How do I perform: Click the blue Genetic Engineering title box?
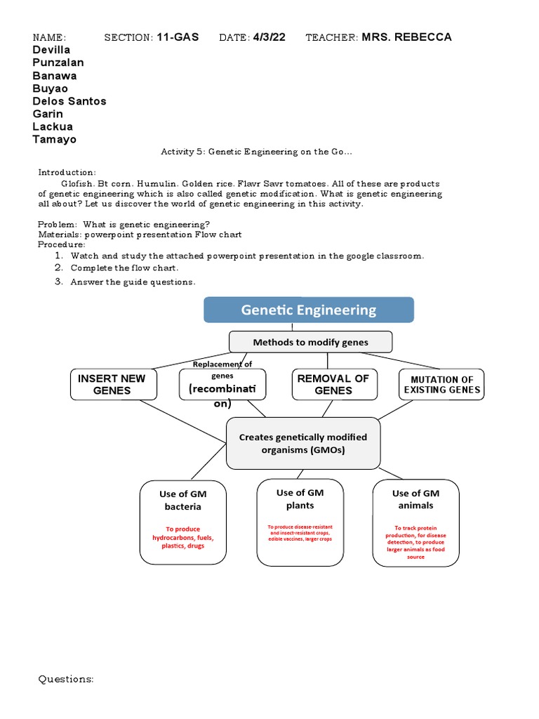pos(309,310)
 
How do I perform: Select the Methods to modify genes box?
pos(310,342)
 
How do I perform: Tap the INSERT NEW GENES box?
pos(112,384)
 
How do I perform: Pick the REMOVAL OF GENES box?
pos(333,384)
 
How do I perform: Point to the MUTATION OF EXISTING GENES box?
pos(441,385)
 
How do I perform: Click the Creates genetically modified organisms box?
pos(302,443)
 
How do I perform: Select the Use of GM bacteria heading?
pos(182,500)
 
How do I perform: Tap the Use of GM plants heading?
pos(300,499)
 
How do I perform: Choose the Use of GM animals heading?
pos(415,499)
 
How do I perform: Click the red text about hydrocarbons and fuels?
pos(182,537)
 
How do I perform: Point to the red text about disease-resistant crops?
pos(300,532)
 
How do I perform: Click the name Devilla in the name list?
pos(52,50)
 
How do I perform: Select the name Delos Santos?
pos(69,101)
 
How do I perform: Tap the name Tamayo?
pos(55,139)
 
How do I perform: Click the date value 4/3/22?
pos(269,37)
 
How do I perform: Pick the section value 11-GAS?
pos(178,37)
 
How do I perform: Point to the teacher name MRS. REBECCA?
pos(406,37)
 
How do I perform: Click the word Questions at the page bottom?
pos(66,679)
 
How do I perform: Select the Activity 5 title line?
pos(256,152)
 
